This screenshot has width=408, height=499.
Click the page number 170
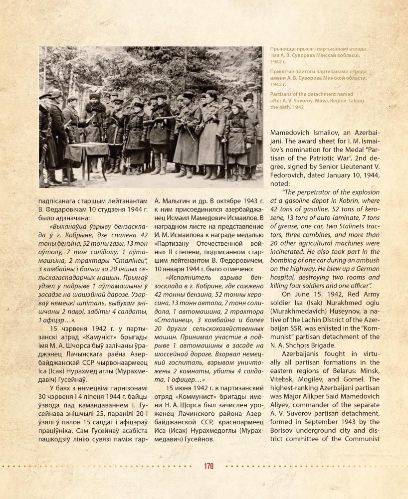[208, 466]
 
